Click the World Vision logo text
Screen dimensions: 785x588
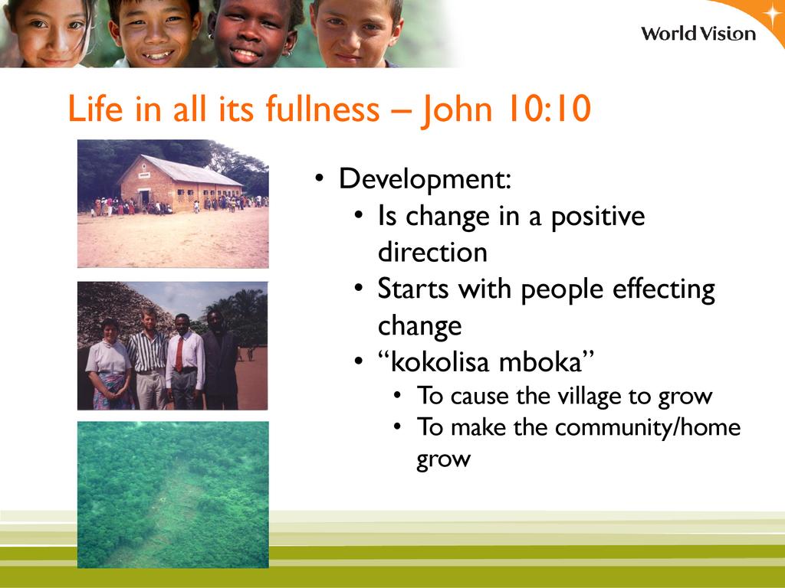click(x=698, y=34)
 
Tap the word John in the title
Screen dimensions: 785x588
click(x=458, y=109)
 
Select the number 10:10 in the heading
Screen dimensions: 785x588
click(x=549, y=108)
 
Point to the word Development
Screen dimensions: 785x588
click(x=425, y=179)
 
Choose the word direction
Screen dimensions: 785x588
click(x=432, y=251)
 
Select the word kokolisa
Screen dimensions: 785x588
click(x=440, y=361)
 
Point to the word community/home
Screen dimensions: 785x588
click(x=648, y=428)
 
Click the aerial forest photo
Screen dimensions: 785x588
click(x=172, y=495)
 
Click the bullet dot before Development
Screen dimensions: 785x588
click(x=320, y=178)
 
